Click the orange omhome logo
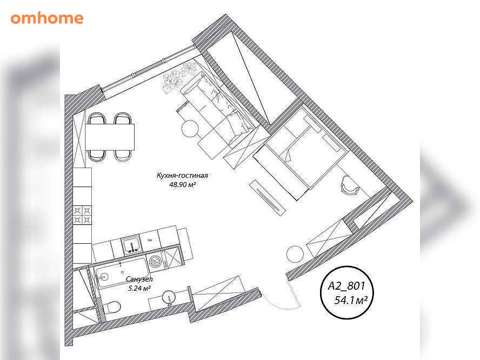pos(47,18)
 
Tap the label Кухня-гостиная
pos(182,176)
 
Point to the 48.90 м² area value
pos(183,184)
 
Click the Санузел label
pos(139,279)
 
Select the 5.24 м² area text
pos(139,288)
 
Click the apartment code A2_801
pos(346,286)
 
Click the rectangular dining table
pos(110,137)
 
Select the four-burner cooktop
pos(82,215)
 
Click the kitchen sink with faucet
pos(132,245)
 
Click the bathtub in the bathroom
pos(122,273)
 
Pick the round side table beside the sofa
pos(190,129)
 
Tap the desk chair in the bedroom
pos(349,184)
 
